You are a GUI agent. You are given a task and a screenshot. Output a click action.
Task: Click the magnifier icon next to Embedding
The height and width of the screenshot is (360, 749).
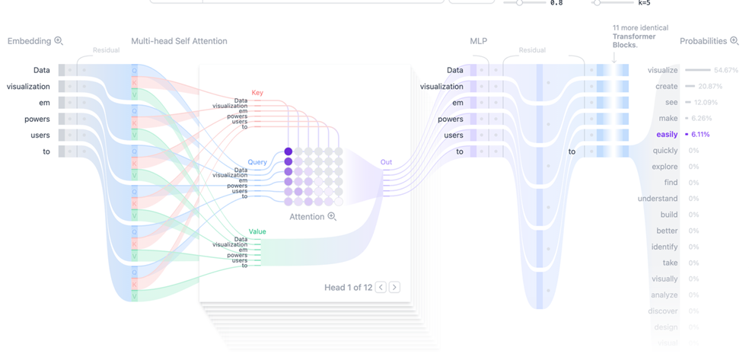[59, 41]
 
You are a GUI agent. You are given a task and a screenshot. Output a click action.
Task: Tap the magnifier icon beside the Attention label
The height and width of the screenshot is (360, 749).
[332, 217]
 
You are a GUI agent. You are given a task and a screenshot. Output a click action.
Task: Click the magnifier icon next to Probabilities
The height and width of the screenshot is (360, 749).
[735, 41]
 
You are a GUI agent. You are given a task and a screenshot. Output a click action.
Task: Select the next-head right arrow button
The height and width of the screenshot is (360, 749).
[394, 287]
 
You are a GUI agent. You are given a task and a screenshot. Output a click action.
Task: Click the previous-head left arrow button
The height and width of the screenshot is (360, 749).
[381, 287]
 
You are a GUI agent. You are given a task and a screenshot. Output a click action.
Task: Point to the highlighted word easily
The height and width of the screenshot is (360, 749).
[667, 135]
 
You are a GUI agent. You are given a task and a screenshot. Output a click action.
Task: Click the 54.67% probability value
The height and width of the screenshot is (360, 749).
[725, 70]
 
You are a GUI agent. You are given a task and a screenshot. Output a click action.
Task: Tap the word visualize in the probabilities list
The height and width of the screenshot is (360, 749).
[662, 70]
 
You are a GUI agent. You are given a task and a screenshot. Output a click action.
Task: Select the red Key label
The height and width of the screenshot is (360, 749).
[257, 93]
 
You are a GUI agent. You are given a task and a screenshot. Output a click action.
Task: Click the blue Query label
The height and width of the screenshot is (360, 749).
[257, 162]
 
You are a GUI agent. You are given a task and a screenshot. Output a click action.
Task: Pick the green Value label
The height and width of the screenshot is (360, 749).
[257, 231]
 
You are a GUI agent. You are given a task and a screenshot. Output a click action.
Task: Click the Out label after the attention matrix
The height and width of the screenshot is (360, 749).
[386, 162]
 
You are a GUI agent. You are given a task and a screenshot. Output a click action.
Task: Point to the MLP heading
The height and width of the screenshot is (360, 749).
[478, 41]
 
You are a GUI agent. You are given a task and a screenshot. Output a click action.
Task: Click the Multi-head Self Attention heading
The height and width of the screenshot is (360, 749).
[179, 41]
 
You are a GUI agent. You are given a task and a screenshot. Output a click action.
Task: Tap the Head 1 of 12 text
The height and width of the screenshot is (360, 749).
[348, 288]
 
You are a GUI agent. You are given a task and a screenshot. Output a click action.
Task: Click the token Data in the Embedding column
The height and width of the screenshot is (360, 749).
[41, 70]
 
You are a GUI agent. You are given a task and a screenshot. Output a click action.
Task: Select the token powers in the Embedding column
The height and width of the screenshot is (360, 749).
[37, 119]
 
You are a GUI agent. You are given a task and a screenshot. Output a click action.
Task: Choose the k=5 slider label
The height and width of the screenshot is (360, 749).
[644, 3]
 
